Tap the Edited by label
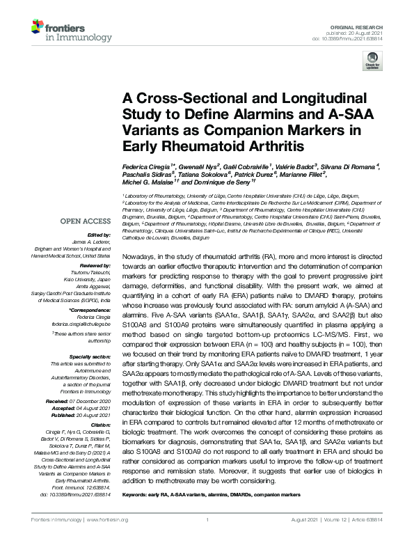click(102, 235)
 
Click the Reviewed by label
click(96, 267)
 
